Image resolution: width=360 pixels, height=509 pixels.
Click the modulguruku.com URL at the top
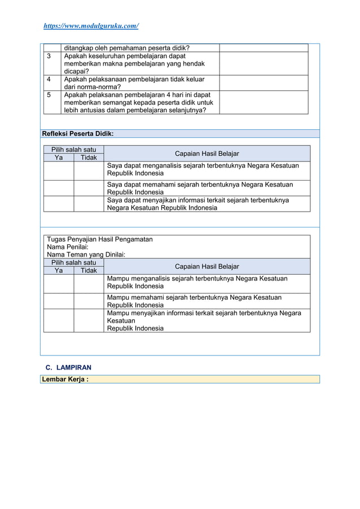(x=91, y=26)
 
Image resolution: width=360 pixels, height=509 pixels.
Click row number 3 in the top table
(x=49, y=56)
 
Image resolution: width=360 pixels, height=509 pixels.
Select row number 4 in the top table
(x=49, y=80)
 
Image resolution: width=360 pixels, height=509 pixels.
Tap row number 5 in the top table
(x=49, y=95)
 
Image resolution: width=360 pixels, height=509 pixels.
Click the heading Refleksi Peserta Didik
(x=78, y=134)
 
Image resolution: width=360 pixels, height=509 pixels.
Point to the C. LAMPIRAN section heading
(x=68, y=367)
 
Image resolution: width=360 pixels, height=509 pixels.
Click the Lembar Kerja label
(x=64, y=379)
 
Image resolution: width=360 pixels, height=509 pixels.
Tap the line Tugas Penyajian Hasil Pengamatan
(x=100, y=239)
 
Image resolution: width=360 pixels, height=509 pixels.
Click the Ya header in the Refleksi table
(x=59, y=157)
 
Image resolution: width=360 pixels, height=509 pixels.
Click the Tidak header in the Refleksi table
(x=89, y=157)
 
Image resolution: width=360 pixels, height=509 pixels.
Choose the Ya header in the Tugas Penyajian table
(x=59, y=270)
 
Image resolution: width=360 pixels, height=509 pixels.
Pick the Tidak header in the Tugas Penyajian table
(x=89, y=270)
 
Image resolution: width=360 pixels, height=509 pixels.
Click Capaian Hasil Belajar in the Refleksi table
(x=207, y=153)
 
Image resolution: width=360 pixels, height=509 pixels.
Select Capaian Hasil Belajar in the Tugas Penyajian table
(x=207, y=266)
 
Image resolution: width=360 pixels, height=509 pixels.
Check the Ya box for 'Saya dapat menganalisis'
(x=59, y=170)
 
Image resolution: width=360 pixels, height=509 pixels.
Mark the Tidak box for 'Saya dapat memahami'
(x=89, y=188)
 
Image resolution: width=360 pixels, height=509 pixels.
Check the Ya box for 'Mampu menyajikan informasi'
(x=59, y=321)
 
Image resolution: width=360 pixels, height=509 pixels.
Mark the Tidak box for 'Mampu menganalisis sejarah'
(x=89, y=284)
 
